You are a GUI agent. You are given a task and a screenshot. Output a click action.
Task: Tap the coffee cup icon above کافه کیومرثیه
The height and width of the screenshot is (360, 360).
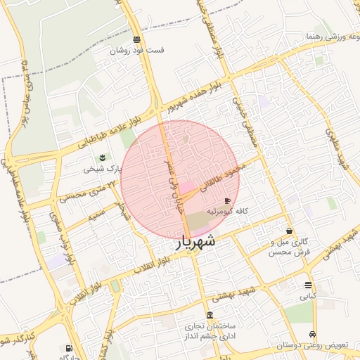(227, 201)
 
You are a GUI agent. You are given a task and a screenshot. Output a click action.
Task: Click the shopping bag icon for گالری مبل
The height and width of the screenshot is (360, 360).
(289, 231)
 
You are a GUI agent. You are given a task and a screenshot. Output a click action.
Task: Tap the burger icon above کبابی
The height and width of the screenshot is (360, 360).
(309, 285)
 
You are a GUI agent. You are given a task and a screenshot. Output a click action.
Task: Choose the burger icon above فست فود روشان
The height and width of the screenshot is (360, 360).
(136, 39)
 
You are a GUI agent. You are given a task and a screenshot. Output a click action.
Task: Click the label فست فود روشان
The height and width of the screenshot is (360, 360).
(136, 51)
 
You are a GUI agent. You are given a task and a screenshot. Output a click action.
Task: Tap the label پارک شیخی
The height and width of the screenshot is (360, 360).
(103, 168)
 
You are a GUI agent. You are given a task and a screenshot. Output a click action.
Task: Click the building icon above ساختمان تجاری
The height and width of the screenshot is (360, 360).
(210, 314)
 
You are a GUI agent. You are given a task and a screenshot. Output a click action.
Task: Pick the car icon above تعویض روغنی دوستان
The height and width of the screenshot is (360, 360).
(312, 335)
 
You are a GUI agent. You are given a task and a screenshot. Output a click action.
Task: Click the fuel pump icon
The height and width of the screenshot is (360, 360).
(68, 347)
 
